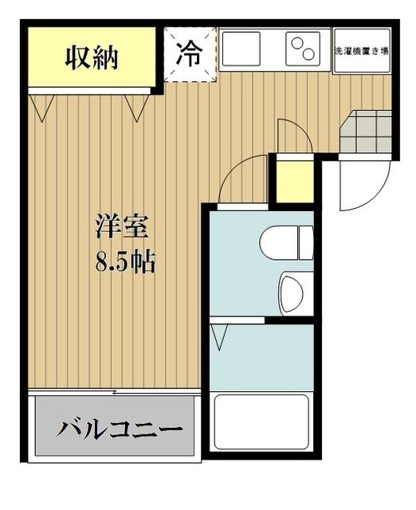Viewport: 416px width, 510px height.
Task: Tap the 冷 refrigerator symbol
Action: click(x=189, y=53)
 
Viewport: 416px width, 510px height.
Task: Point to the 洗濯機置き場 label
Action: click(x=360, y=50)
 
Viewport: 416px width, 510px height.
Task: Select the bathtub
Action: click(x=261, y=423)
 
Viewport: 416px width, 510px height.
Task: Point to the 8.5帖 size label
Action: click(x=125, y=262)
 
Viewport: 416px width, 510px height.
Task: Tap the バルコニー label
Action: click(x=119, y=431)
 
